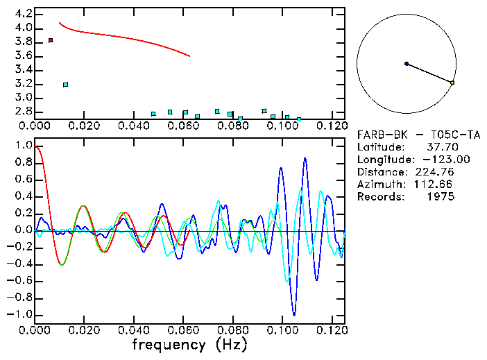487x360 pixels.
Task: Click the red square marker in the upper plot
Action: coord(51,41)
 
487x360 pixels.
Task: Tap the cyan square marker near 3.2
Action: coord(65,85)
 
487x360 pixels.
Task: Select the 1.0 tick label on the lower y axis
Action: coord(23,146)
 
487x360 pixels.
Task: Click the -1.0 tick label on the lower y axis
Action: coord(20,314)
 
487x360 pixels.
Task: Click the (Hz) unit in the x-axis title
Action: coord(228,345)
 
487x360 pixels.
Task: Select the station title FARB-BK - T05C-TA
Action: coord(405,135)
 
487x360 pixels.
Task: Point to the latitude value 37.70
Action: coord(441,147)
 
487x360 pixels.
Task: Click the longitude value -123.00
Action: coord(435,160)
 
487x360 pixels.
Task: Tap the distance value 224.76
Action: coord(437,172)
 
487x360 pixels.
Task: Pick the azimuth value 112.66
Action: coord(437,185)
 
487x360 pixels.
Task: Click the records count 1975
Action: coord(441,197)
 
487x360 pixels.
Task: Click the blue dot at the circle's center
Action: coord(407,64)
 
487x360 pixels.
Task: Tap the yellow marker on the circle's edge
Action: coord(452,83)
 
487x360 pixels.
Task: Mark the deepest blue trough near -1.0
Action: coord(294,314)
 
